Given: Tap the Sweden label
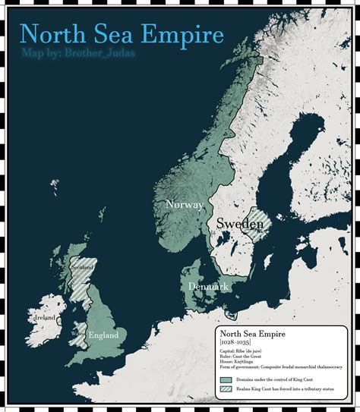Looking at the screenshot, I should [238, 224].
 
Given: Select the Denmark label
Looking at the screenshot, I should [209, 287].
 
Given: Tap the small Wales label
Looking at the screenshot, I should [75, 332].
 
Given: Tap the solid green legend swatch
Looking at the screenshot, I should [226, 379].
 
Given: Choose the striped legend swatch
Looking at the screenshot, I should [226, 388].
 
